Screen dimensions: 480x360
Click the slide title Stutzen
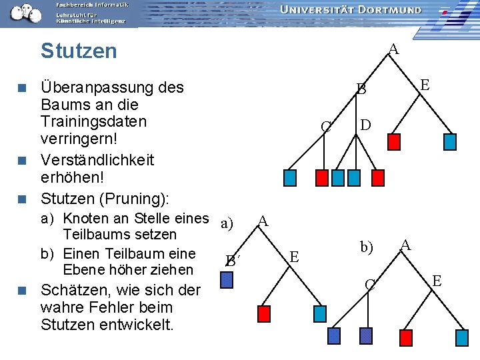click(x=79, y=51)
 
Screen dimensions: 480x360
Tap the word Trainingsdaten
click(x=93, y=122)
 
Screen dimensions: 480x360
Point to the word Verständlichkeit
click(x=97, y=160)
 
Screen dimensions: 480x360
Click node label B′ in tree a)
click(x=231, y=261)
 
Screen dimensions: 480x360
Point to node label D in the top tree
click(x=366, y=125)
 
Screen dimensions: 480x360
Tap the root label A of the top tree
click(x=393, y=49)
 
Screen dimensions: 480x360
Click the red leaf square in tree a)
click(x=264, y=314)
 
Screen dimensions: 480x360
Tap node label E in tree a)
click(x=295, y=256)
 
